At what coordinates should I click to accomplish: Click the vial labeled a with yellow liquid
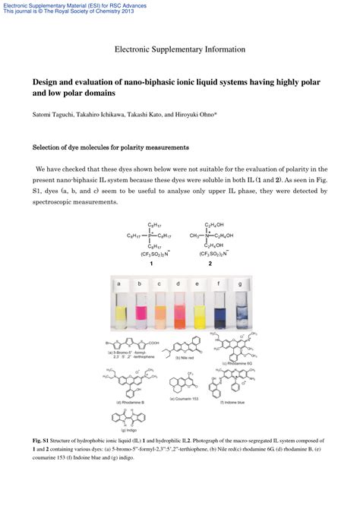(119, 311)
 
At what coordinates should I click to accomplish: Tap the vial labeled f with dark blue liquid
(219, 311)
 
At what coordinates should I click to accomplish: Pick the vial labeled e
(199, 311)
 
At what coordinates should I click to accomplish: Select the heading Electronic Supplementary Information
(180, 49)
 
